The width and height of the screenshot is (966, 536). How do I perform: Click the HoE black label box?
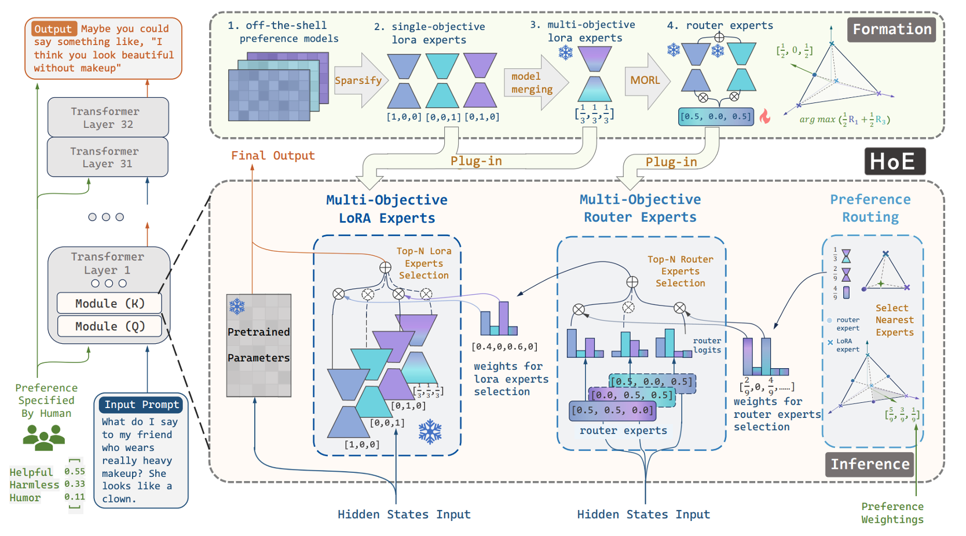[895, 161]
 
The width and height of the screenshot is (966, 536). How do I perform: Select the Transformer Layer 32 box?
[108, 118]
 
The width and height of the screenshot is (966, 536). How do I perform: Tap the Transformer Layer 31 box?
[108, 157]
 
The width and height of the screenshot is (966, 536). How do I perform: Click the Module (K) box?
[109, 303]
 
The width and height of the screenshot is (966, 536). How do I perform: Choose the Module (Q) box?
[109, 326]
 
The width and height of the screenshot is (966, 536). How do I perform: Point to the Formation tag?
[892, 30]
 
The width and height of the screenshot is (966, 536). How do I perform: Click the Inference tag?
[870, 464]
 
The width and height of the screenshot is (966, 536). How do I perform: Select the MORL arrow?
[646, 80]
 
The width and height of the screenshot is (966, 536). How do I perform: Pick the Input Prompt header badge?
[141, 405]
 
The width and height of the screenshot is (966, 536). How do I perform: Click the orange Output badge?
[53, 29]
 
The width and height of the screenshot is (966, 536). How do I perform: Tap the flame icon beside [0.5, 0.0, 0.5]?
[765, 116]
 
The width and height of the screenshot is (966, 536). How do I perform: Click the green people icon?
[43, 437]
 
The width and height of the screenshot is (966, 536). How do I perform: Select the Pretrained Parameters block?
[258, 345]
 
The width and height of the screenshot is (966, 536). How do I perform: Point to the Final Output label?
[273, 156]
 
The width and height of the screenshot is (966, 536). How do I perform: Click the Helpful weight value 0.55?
[75, 472]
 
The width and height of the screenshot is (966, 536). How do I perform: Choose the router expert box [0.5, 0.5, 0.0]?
[613, 410]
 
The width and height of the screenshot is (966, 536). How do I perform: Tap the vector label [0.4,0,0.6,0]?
[504, 347]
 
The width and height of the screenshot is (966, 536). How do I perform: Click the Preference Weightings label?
[892, 513]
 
